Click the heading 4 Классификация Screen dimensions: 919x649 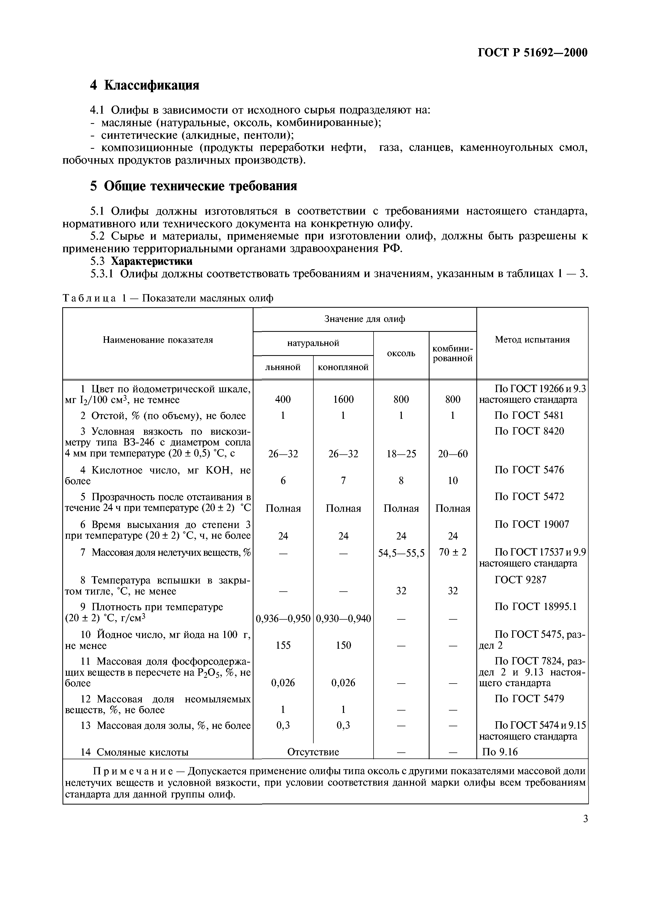pyautogui.click(x=144, y=85)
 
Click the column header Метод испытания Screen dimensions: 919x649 pyautogui.click(x=532, y=340)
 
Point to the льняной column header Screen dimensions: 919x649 pyautogui.click(x=283, y=367)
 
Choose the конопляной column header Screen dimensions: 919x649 pyautogui.click(x=343, y=367)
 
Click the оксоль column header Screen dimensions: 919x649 pyautogui.click(x=401, y=353)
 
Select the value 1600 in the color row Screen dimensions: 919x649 pyautogui.click(x=343, y=399)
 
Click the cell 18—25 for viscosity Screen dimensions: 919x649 pyautogui.click(x=401, y=454)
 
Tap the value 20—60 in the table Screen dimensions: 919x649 pyautogui.click(x=453, y=454)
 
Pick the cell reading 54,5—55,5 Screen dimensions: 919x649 pyautogui.click(x=401, y=553)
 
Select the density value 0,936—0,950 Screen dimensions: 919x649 pyautogui.click(x=283, y=619)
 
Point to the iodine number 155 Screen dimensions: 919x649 pyautogui.click(x=283, y=645)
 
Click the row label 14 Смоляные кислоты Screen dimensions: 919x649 pyautogui.click(x=134, y=752)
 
